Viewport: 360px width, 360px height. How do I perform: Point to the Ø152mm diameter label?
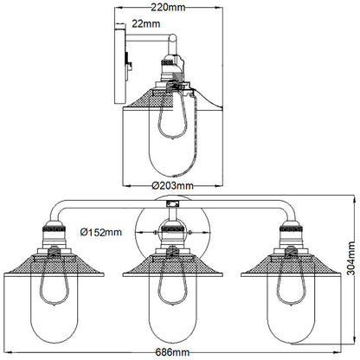pyautogui.click(x=100, y=233)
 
